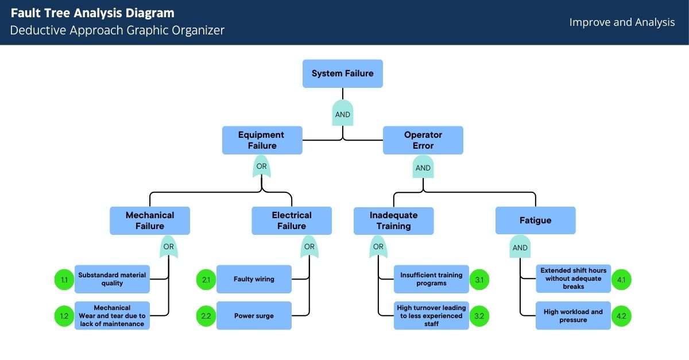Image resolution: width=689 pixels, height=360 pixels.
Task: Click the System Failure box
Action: pos(342,73)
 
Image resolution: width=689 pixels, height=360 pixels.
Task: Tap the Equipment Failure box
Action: pos(262,140)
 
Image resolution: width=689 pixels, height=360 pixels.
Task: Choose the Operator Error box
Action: pos(423,140)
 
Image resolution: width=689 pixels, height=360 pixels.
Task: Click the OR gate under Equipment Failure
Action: pos(262,167)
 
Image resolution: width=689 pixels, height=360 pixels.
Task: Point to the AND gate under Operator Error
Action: pos(423,168)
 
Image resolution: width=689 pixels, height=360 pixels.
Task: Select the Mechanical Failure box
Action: pos(150,220)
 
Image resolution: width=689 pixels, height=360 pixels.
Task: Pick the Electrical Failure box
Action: pos(292,220)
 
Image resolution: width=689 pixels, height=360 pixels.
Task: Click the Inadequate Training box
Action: pos(393,220)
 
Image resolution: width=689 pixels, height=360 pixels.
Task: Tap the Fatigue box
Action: pos(535,220)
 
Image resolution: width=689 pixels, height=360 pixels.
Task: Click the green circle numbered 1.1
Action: pos(64,280)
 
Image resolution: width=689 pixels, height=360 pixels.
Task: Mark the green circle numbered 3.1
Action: pos(479,280)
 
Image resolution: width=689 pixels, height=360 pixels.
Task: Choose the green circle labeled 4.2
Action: pos(621,316)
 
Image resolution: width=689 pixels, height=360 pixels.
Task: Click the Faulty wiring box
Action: pos(254,279)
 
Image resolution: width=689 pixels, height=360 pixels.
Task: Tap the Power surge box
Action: pos(254,316)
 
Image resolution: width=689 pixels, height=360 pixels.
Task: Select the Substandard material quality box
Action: pos(112,279)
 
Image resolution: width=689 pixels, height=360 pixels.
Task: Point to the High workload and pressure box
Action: pos(573,316)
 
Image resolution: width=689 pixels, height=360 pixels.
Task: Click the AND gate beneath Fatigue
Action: pos(520,247)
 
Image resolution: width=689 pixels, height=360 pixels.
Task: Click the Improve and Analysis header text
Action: pos(622,22)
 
